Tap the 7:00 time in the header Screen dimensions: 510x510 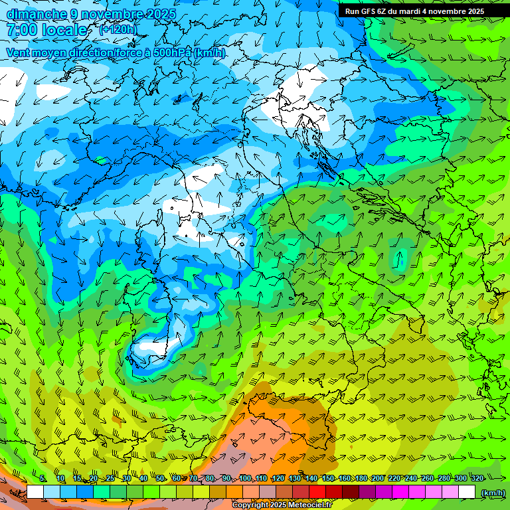(22, 31)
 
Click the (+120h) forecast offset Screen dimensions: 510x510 (118, 30)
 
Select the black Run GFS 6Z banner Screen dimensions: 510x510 (424, 11)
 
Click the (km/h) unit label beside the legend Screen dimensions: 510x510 (493, 492)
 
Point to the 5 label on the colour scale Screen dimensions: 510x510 (42, 478)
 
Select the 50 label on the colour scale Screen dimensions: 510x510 (160, 478)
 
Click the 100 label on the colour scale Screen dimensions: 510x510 (246, 478)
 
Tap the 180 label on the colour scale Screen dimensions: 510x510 (361, 478)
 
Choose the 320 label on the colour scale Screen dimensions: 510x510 (476, 478)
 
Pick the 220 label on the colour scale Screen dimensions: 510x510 (394, 478)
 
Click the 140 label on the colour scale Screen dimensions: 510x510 (311, 478)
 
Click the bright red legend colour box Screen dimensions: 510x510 (317, 492)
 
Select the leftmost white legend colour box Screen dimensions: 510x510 (35, 492)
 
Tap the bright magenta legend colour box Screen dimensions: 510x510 (400, 492)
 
